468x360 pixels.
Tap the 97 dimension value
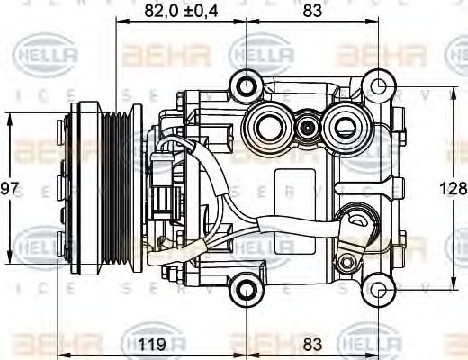(x=9, y=189)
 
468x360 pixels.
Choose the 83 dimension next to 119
(x=313, y=343)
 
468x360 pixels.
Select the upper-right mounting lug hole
(x=382, y=87)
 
